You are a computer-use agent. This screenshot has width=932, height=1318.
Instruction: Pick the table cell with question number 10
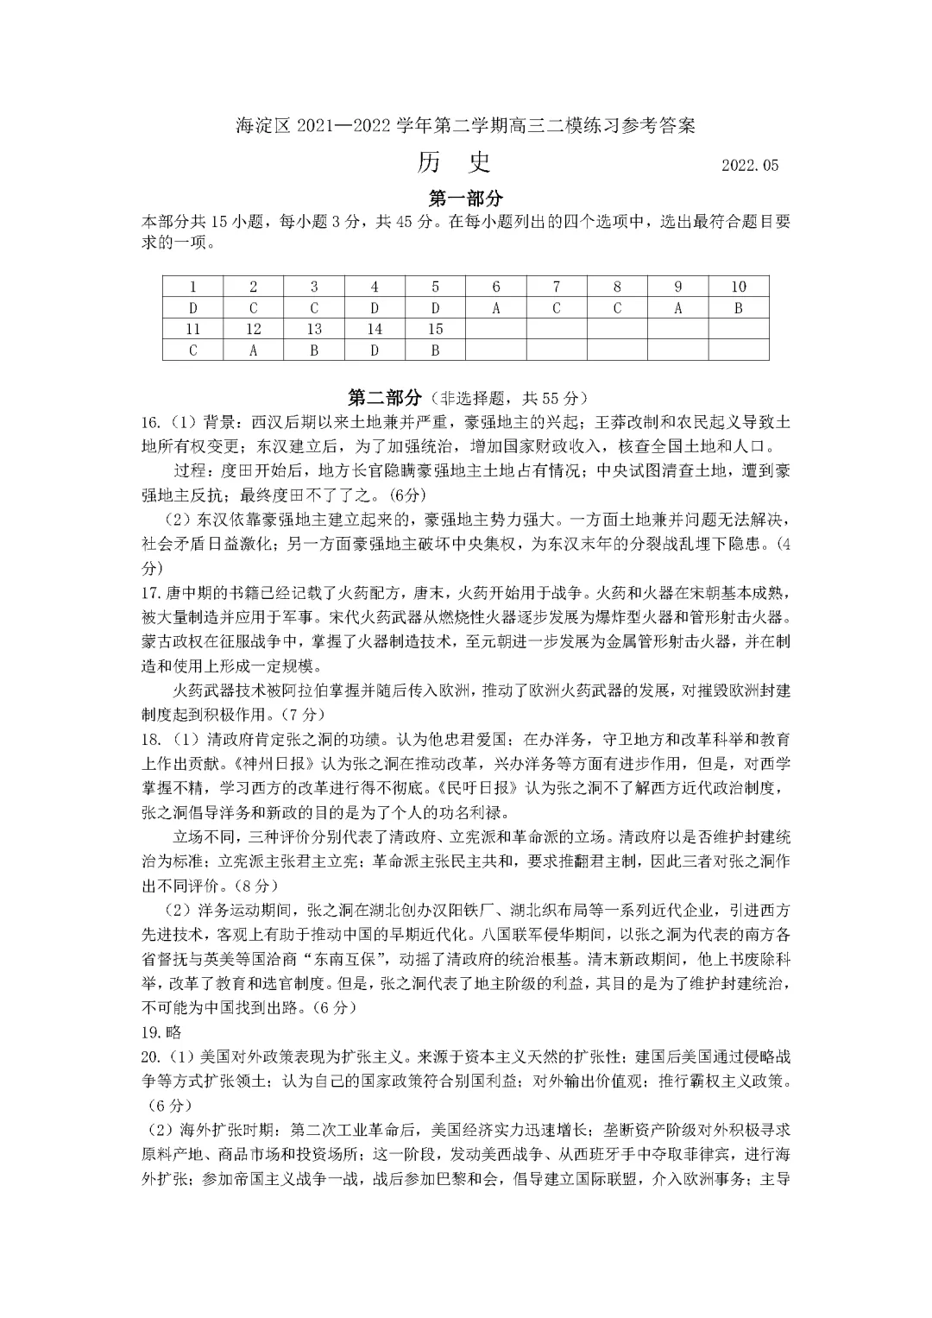pos(738,287)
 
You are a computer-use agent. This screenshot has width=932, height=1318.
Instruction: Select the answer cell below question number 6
pos(496,308)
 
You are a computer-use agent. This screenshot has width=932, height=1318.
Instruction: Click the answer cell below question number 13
pos(314,350)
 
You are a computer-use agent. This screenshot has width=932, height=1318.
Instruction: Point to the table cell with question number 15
pos(435,329)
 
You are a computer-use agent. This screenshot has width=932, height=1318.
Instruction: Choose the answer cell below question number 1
pos(193,308)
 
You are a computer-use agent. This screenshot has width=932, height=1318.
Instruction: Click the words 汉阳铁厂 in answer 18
pos(470,911)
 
